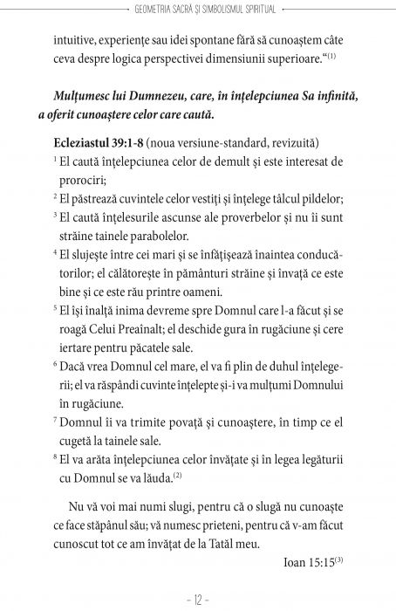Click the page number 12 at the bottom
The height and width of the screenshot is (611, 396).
(198, 600)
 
